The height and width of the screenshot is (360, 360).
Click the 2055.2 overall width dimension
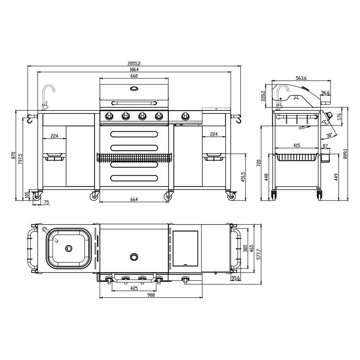click(x=134, y=63)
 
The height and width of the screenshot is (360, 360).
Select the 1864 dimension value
click(x=134, y=69)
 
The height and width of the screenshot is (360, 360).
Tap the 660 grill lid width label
click(x=134, y=76)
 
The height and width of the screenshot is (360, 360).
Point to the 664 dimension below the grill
click(x=134, y=199)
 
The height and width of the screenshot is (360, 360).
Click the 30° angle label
click(x=329, y=135)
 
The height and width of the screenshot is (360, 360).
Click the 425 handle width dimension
click(x=134, y=288)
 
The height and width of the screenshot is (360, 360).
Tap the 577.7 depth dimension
click(x=259, y=254)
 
